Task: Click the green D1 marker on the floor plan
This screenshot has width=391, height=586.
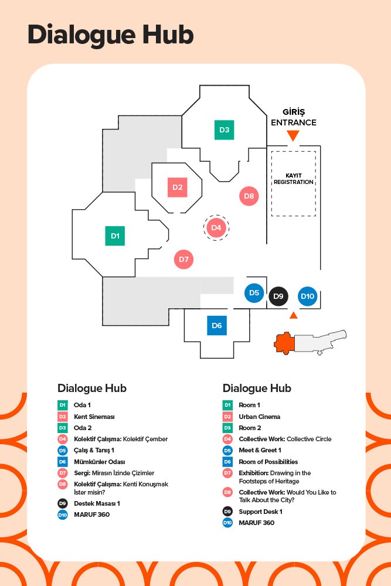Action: [115, 236]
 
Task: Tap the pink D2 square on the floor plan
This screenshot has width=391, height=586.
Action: [177, 188]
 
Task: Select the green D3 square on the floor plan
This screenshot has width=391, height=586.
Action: [224, 130]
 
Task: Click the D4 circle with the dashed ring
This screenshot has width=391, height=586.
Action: [216, 227]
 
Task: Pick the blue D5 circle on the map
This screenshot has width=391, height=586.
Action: [254, 292]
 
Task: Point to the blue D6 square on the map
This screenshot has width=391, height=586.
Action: [217, 325]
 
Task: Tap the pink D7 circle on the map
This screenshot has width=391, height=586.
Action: [183, 258]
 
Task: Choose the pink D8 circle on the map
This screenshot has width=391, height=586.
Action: [249, 196]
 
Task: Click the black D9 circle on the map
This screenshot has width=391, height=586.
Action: [278, 297]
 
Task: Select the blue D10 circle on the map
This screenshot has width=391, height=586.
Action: [308, 297]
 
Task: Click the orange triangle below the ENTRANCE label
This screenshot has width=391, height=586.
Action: [293, 136]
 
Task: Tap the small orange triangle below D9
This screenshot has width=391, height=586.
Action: [294, 315]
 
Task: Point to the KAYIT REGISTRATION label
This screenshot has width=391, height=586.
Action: [293, 179]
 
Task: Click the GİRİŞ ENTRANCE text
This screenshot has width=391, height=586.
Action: [293, 117]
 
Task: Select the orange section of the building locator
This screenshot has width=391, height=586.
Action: [285, 342]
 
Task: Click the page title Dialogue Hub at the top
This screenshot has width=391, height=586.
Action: [110, 35]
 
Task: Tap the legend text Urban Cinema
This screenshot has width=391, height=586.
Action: [259, 417]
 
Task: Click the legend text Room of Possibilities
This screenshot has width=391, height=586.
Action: [268, 462]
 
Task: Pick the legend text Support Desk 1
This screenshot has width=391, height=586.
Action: [260, 512]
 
